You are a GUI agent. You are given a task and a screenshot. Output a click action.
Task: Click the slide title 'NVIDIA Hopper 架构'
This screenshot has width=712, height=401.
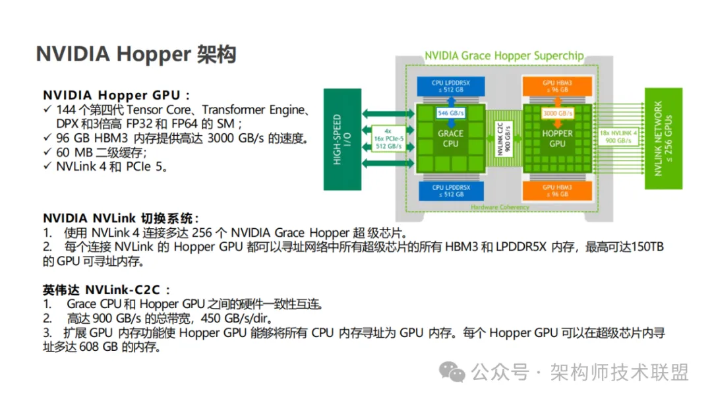click(x=136, y=54)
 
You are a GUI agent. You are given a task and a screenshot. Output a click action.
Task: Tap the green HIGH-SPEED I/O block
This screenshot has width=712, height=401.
click(x=342, y=139)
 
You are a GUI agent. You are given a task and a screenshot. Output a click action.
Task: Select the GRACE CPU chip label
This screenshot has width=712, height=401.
click(x=450, y=139)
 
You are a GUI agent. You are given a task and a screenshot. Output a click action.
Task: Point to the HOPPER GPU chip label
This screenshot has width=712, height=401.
click(x=557, y=139)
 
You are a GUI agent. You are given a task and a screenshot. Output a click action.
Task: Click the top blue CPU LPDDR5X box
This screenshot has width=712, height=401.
click(x=450, y=86)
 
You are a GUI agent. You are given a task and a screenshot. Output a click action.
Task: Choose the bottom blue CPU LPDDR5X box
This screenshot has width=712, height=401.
click(x=450, y=191)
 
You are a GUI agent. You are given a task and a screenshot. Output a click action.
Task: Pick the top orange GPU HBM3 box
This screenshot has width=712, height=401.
click(x=557, y=86)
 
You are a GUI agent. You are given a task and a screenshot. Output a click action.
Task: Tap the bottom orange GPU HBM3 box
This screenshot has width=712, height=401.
click(x=557, y=191)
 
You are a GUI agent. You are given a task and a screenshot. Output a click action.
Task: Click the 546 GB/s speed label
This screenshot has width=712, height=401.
click(x=450, y=113)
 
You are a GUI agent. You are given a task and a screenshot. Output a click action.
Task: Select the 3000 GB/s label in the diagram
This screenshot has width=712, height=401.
click(x=558, y=113)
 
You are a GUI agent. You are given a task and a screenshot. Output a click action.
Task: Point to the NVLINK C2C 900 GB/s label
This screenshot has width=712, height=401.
click(x=504, y=139)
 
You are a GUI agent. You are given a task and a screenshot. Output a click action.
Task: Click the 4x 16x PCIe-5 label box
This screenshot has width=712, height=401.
click(x=388, y=139)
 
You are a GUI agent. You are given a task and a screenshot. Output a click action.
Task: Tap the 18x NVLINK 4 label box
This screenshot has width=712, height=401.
click(x=618, y=137)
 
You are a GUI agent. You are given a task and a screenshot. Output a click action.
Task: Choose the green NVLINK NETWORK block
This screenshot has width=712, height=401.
click(x=663, y=139)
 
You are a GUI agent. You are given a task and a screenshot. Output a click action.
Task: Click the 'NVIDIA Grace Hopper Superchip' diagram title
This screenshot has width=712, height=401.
click(x=504, y=56)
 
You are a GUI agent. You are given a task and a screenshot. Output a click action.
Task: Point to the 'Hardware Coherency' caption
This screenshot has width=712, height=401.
click(x=500, y=207)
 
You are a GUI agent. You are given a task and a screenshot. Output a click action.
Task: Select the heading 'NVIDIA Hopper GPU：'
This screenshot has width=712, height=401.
click(x=117, y=96)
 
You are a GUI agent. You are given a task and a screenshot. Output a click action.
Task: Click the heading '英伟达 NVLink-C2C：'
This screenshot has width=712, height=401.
click(x=107, y=290)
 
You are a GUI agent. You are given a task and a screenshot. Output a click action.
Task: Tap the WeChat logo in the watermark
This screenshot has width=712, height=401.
click(x=452, y=372)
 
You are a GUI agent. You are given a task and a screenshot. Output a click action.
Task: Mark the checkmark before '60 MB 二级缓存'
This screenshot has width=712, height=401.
click(x=47, y=152)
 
